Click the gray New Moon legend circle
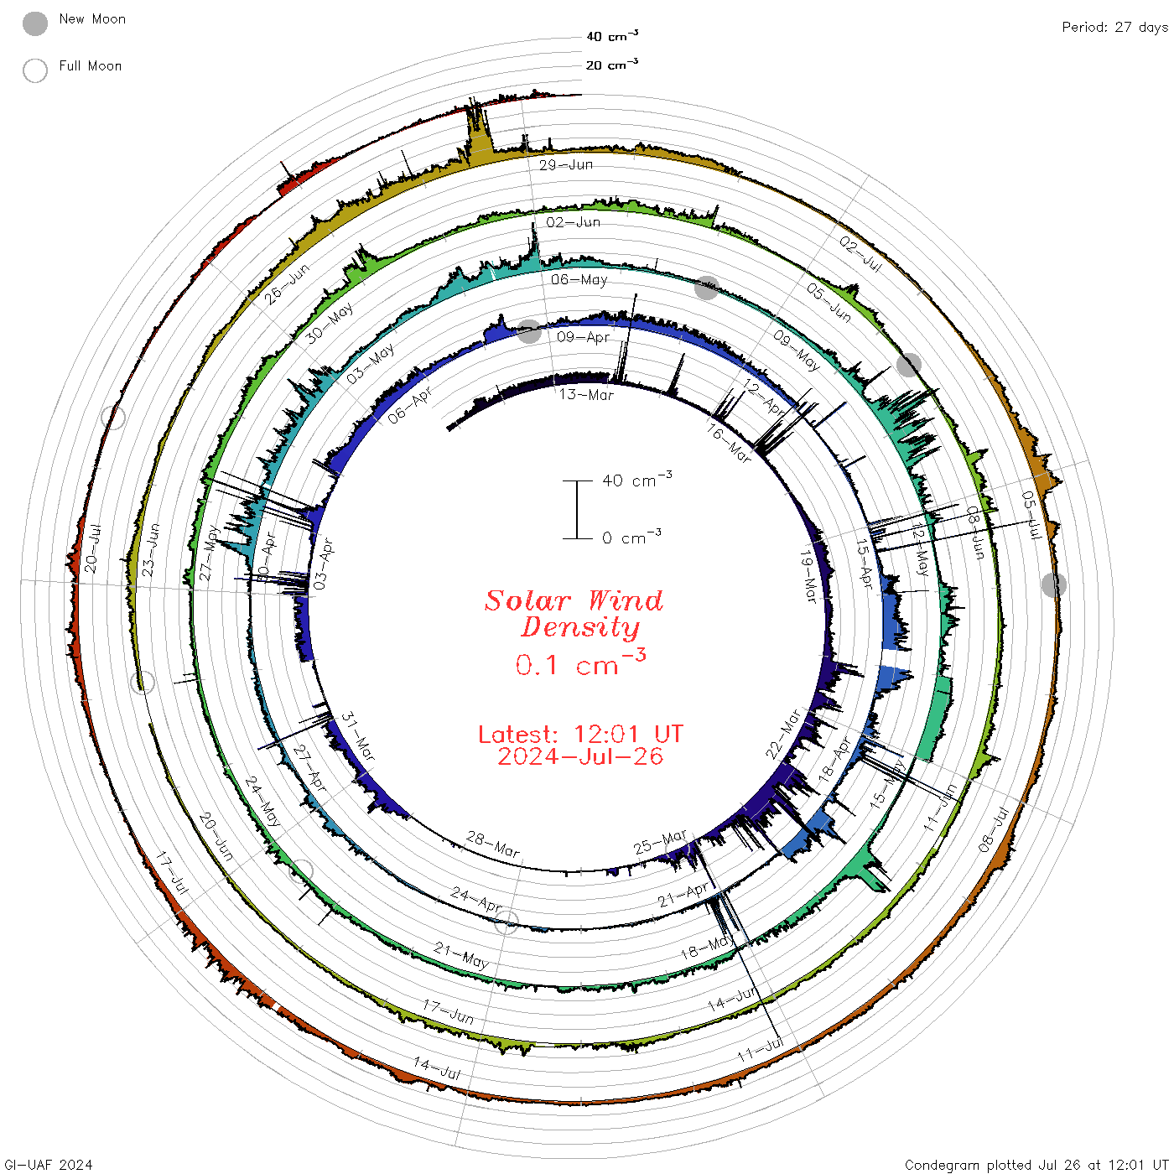(x=35, y=23)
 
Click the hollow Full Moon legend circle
(x=35, y=70)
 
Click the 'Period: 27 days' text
(x=1114, y=28)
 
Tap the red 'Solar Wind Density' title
(x=574, y=614)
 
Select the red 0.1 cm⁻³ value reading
(x=580, y=662)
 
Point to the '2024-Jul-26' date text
(x=580, y=756)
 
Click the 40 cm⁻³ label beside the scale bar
(x=637, y=479)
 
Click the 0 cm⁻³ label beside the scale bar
(x=631, y=537)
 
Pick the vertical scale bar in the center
(x=577, y=510)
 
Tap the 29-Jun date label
(x=566, y=164)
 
